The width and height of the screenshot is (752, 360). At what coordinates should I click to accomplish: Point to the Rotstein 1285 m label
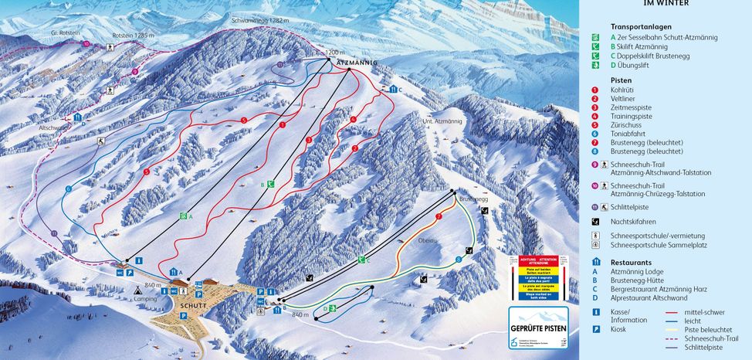131,36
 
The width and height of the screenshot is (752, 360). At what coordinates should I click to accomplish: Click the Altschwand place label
53,127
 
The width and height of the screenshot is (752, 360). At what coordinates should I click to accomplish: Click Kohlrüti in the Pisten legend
622,90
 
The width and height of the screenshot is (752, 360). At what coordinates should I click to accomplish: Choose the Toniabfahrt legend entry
627,133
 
